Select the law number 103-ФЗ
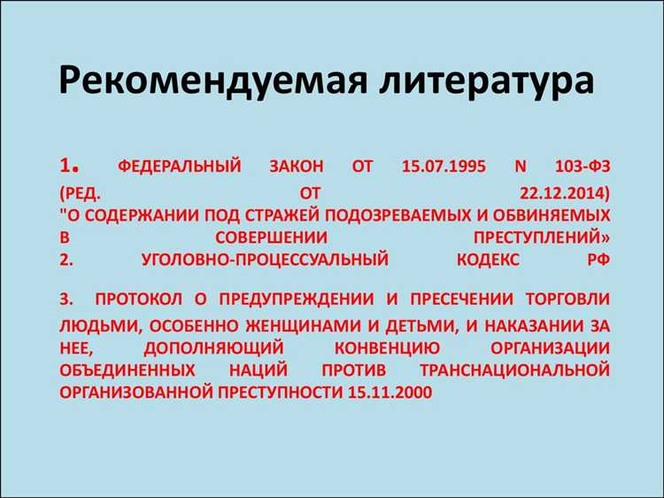pyautogui.click(x=580, y=167)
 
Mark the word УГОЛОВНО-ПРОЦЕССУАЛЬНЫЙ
pyautogui.click(x=265, y=260)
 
